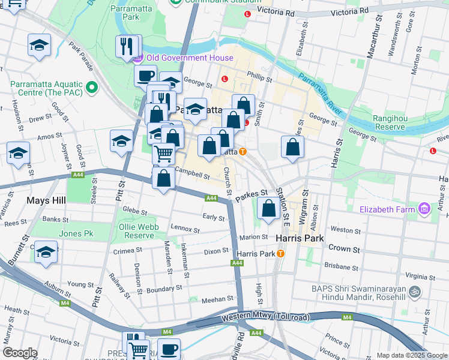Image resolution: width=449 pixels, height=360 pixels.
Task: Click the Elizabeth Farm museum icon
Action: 424,209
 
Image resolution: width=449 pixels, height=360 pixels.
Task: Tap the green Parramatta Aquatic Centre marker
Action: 92,88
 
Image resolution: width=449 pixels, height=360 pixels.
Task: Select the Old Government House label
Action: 181,58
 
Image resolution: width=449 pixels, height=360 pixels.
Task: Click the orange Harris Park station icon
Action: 280,254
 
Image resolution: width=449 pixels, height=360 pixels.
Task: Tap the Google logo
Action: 20,352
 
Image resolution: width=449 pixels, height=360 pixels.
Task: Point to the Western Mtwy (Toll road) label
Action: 265,317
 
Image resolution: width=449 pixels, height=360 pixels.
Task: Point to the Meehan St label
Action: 217,299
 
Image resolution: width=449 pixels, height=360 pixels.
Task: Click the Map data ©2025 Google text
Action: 412,355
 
